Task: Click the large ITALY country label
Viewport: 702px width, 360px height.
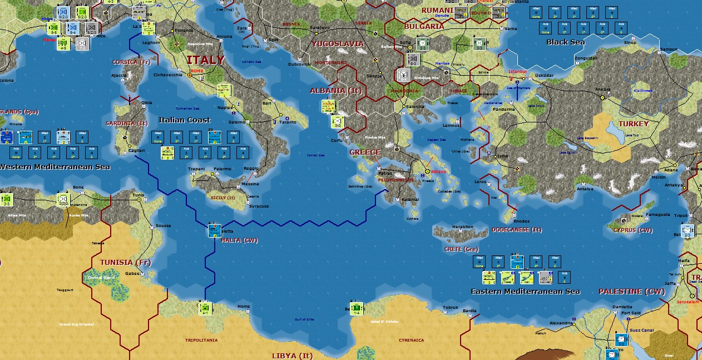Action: click(x=205, y=60)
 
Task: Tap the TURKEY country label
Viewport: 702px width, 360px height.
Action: click(x=633, y=124)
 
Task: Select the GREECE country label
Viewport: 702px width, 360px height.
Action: click(x=365, y=152)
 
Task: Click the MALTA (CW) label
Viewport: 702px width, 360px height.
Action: click(x=240, y=240)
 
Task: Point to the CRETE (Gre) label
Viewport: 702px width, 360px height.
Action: click(x=461, y=249)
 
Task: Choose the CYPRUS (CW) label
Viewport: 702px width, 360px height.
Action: click(x=633, y=230)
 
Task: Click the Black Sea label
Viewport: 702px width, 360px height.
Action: click(x=565, y=42)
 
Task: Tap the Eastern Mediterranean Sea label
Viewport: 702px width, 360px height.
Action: click(x=525, y=291)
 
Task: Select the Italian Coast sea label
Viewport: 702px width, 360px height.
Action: click(x=185, y=120)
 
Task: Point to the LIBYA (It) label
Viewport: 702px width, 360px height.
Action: click(x=292, y=356)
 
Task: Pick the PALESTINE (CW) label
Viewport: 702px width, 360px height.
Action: click(x=631, y=291)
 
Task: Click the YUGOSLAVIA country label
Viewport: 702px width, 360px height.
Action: click(x=338, y=43)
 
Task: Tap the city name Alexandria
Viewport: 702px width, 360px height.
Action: click(x=560, y=323)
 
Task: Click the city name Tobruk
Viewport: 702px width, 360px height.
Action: click(x=450, y=307)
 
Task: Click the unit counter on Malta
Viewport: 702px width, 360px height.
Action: click(x=214, y=230)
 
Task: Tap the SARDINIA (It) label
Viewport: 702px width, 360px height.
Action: click(x=127, y=123)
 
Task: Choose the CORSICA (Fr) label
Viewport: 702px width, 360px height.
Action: click(x=132, y=62)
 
